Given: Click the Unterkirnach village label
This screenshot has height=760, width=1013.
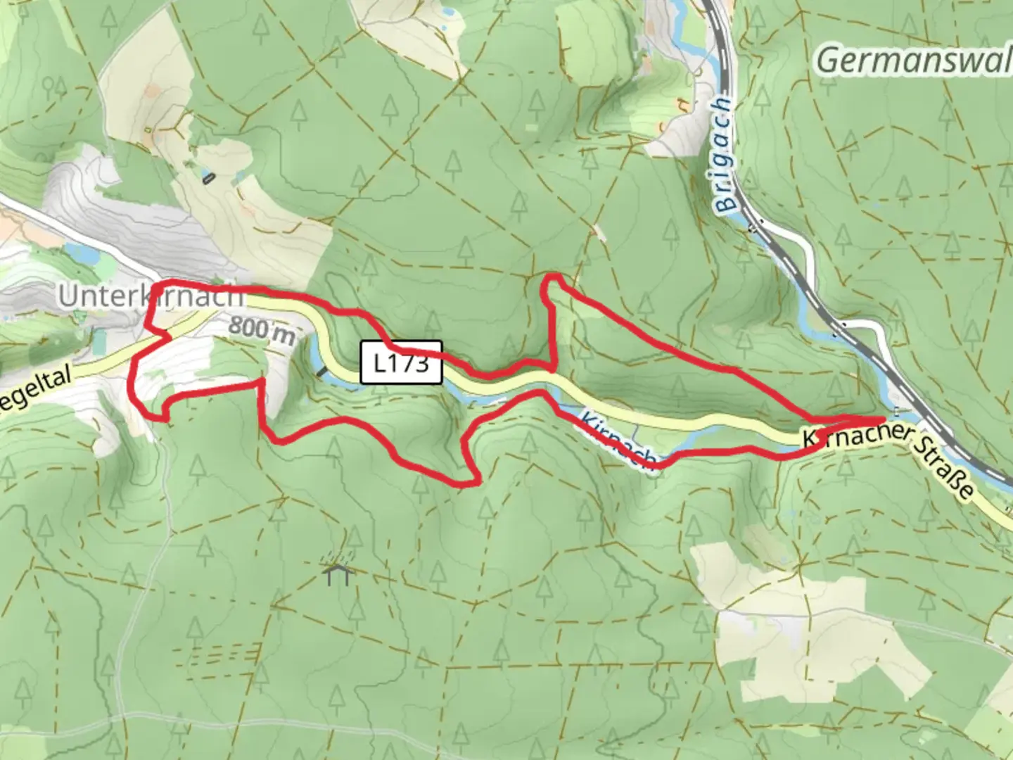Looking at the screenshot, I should coord(151,296).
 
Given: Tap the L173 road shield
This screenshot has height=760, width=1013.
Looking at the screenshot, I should coord(401,362).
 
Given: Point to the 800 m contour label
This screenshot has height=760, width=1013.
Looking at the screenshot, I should coord(261,330).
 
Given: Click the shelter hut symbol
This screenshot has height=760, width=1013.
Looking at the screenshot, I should coord(338,575).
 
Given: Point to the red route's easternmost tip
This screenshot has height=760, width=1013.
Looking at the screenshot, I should coord(883,419).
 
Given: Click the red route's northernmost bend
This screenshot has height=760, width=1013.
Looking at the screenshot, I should coord(554,275).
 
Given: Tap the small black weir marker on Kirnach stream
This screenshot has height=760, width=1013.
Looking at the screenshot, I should coord(321,371).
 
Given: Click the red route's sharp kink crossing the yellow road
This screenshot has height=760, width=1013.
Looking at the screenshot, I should coord(167,338).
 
